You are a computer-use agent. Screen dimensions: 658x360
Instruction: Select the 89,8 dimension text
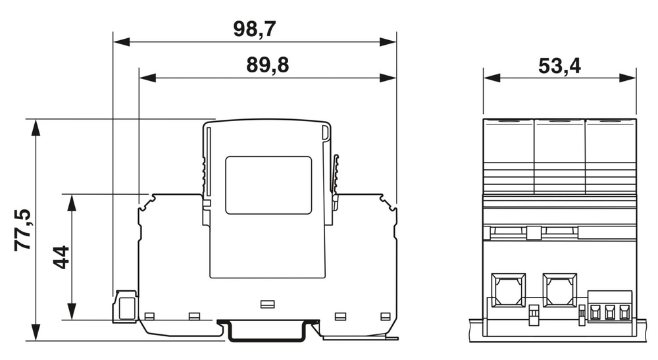(267, 65)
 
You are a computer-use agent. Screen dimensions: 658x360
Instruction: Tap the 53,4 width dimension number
(559, 66)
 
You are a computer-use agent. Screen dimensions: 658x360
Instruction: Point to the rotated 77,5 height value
(23, 230)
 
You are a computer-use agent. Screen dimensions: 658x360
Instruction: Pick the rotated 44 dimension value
(61, 257)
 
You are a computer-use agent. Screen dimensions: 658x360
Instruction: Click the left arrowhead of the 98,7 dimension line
(121, 42)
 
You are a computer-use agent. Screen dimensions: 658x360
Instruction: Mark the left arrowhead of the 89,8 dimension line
(147, 78)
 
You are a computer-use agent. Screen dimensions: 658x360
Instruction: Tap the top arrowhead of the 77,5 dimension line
(36, 128)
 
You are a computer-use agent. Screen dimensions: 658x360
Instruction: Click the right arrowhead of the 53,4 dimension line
(628, 78)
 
